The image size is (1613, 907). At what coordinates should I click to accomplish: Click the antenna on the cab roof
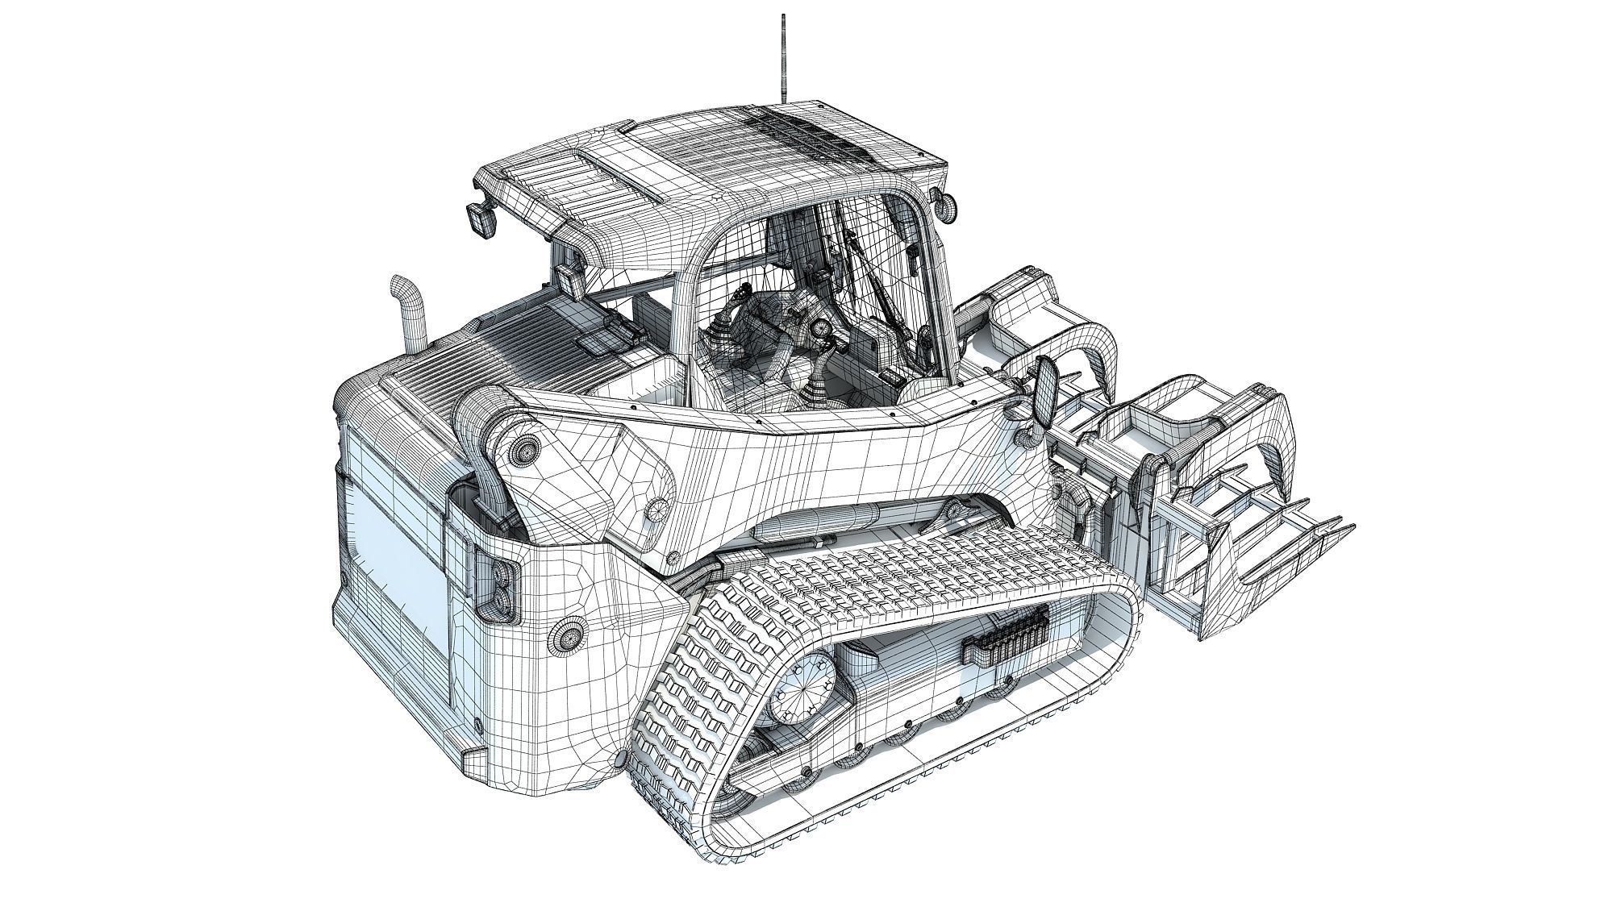click(x=781, y=56)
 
